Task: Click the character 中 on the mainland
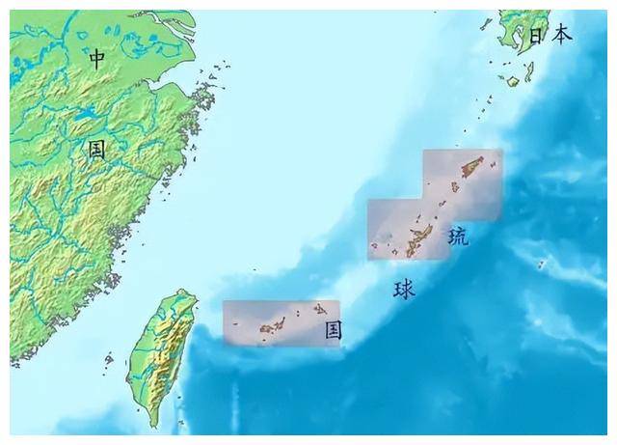[x=96, y=59]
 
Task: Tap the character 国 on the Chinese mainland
[x=96, y=150]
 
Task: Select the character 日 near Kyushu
[x=537, y=36]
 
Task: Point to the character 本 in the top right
[x=561, y=36]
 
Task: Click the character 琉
[x=458, y=236]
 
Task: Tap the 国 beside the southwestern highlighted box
[x=333, y=330]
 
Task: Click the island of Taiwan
[x=164, y=348]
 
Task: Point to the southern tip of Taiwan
[x=154, y=423]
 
